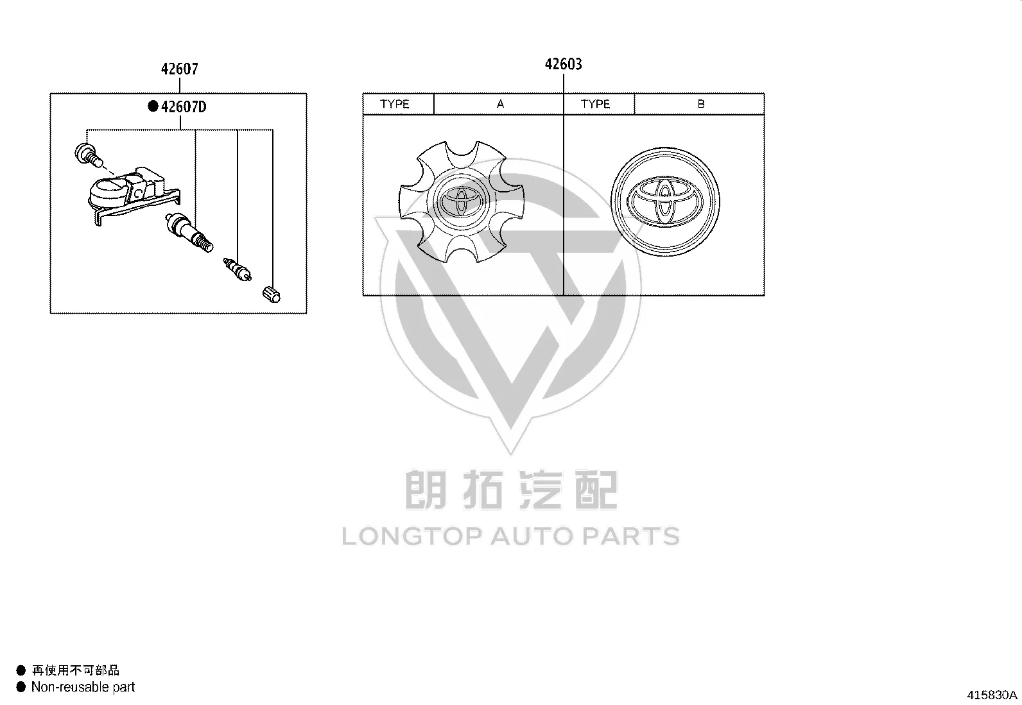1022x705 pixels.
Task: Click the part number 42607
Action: [179, 69]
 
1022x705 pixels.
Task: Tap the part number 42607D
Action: [184, 106]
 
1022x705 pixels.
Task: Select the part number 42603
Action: [564, 64]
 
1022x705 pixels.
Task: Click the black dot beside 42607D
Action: [153, 106]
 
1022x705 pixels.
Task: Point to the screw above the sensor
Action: [88, 154]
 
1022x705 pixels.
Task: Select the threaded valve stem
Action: [189, 232]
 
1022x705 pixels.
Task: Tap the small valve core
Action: [237, 269]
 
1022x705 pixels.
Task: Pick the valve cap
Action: [272, 294]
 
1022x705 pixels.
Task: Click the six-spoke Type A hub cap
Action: [462, 201]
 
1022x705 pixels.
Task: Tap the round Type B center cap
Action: [665, 201]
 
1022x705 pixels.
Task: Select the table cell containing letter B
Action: [700, 104]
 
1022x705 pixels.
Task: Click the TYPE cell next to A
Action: [398, 104]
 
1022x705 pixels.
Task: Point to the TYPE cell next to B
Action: [599, 104]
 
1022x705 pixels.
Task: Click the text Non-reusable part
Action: [83, 687]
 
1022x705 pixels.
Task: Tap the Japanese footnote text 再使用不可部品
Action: [75, 670]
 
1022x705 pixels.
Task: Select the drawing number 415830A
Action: [992, 695]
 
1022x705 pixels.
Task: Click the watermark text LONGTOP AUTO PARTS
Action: [510, 536]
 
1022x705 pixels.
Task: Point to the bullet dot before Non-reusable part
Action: [21, 687]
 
